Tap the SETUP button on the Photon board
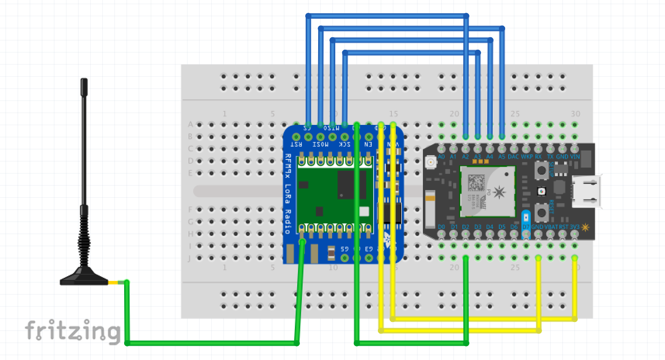(x=540, y=170)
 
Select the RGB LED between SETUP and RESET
(x=540, y=191)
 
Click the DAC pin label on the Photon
(x=513, y=157)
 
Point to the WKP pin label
(x=526, y=157)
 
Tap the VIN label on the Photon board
(x=575, y=157)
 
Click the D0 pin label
(x=441, y=227)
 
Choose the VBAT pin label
(x=551, y=227)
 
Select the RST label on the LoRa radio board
(x=297, y=145)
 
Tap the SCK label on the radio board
(x=345, y=145)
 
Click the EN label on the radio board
(x=368, y=145)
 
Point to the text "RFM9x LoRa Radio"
(x=288, y=193)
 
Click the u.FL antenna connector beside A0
(x=430, y=161)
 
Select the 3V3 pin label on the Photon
(x=575, y=227)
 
